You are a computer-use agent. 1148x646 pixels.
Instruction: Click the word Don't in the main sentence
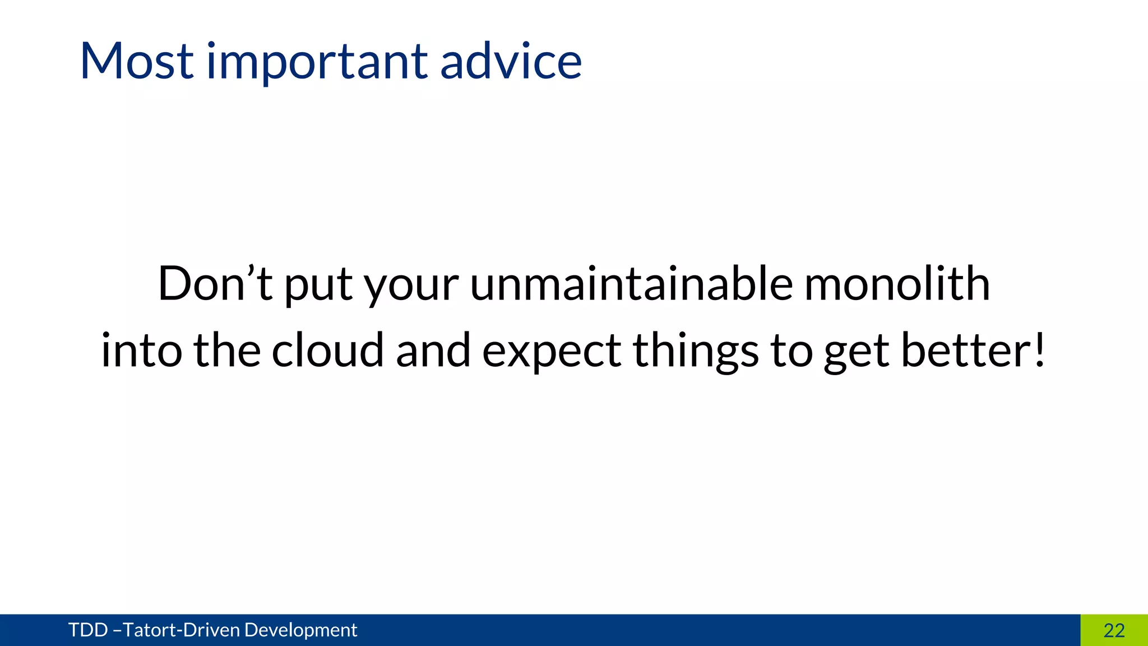click(215, 284)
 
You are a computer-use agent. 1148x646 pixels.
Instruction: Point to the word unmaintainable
click(631, 284)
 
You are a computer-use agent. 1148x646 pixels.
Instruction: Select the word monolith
click(897, 284)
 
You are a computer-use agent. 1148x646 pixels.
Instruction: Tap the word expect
click(552, 352)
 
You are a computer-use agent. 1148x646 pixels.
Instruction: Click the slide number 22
click(1114, 630)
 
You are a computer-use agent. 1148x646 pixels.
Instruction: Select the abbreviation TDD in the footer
click(88, 630)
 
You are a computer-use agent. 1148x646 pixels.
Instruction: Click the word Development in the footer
click(300, 630)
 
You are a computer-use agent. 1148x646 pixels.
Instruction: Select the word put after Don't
click(318, 286)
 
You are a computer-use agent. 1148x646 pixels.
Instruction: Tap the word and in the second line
click(433, 350)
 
